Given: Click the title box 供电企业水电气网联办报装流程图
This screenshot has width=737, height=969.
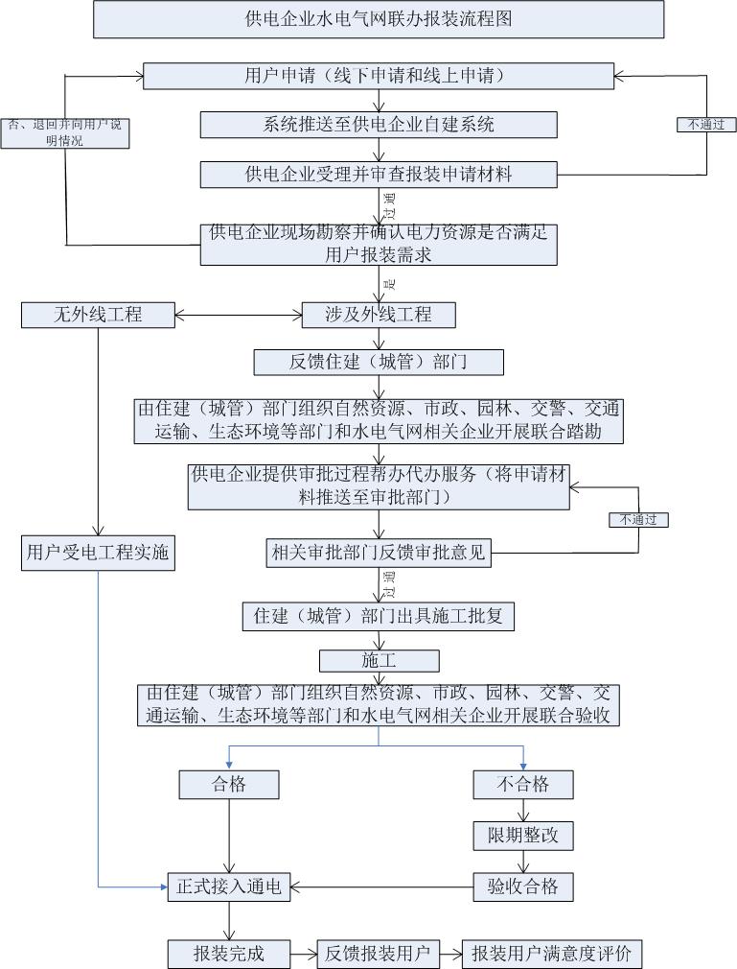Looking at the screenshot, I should (379, 19).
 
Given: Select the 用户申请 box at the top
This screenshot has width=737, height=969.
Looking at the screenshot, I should (379, 76).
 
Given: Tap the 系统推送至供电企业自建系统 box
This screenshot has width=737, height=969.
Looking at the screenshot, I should (379, 125).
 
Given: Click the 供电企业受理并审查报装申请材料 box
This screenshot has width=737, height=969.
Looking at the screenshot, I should (379, 174).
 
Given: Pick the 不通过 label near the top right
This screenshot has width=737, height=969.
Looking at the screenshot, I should (706, 124).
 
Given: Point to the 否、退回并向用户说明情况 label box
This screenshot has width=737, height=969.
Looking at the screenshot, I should (64, 132).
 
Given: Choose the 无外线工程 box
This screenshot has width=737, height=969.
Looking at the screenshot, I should (98, 315).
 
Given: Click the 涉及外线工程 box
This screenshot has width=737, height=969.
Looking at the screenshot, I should (379, 315).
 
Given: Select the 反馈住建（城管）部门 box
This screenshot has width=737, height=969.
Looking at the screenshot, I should (379, 362).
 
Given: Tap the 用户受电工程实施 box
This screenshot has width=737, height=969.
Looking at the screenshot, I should (98, 555).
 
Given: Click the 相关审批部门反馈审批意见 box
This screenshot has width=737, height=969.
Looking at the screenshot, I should (379, 553).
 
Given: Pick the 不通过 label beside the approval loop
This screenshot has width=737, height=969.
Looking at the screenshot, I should (638, 519).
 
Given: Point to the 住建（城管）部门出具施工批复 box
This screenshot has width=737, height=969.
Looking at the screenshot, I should (379, 617).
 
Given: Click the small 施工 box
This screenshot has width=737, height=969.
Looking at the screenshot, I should (379, 661).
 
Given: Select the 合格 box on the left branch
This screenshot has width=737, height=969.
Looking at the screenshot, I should (229, 784).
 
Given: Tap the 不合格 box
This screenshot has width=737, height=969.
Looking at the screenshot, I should (523, 784).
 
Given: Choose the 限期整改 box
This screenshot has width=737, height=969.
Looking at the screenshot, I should (523, 835).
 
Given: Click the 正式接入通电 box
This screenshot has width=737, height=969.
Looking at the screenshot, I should (229, 886).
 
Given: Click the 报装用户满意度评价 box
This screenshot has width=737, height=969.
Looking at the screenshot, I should (551, 954).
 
